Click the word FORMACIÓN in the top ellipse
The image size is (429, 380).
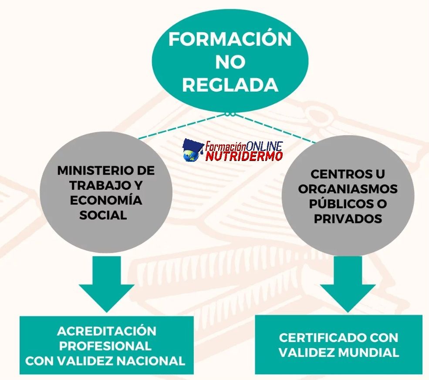(230, 39)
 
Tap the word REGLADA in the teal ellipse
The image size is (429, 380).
(230, 85)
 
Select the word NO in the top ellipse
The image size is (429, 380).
(230, 62)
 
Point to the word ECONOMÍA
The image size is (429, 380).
(106, 200)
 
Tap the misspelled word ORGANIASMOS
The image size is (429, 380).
(348, 189)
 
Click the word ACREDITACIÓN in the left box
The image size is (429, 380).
(107, 331)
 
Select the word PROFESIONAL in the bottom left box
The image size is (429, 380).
(105, 346)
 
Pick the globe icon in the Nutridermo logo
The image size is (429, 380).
(190, 156)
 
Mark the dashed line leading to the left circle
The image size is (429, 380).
(183, 127)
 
